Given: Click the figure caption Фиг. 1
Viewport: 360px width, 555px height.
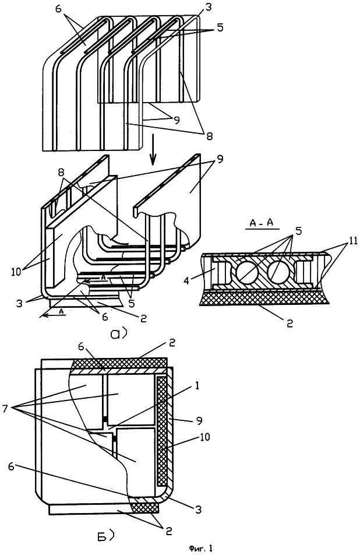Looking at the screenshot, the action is click(x=200, y=548).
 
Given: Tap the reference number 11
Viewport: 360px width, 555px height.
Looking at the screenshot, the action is click(x=352, y=241).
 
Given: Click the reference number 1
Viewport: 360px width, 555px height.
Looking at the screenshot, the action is click(x=197, y=385).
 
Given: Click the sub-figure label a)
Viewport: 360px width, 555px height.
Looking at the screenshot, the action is click(x=118, y=334).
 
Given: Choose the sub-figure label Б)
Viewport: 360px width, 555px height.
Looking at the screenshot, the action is click(x=105, y=537).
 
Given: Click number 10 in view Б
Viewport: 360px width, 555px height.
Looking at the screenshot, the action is click(x=204, y=437).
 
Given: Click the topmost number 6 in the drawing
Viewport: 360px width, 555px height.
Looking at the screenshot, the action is click(x=58, y=9).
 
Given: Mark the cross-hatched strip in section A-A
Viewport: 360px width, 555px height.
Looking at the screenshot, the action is click(x=264, y=298).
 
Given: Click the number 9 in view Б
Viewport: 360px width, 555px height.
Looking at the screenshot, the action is click(x=199, y=421).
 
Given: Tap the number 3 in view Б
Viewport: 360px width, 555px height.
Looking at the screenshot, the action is click(x=198, y=510).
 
